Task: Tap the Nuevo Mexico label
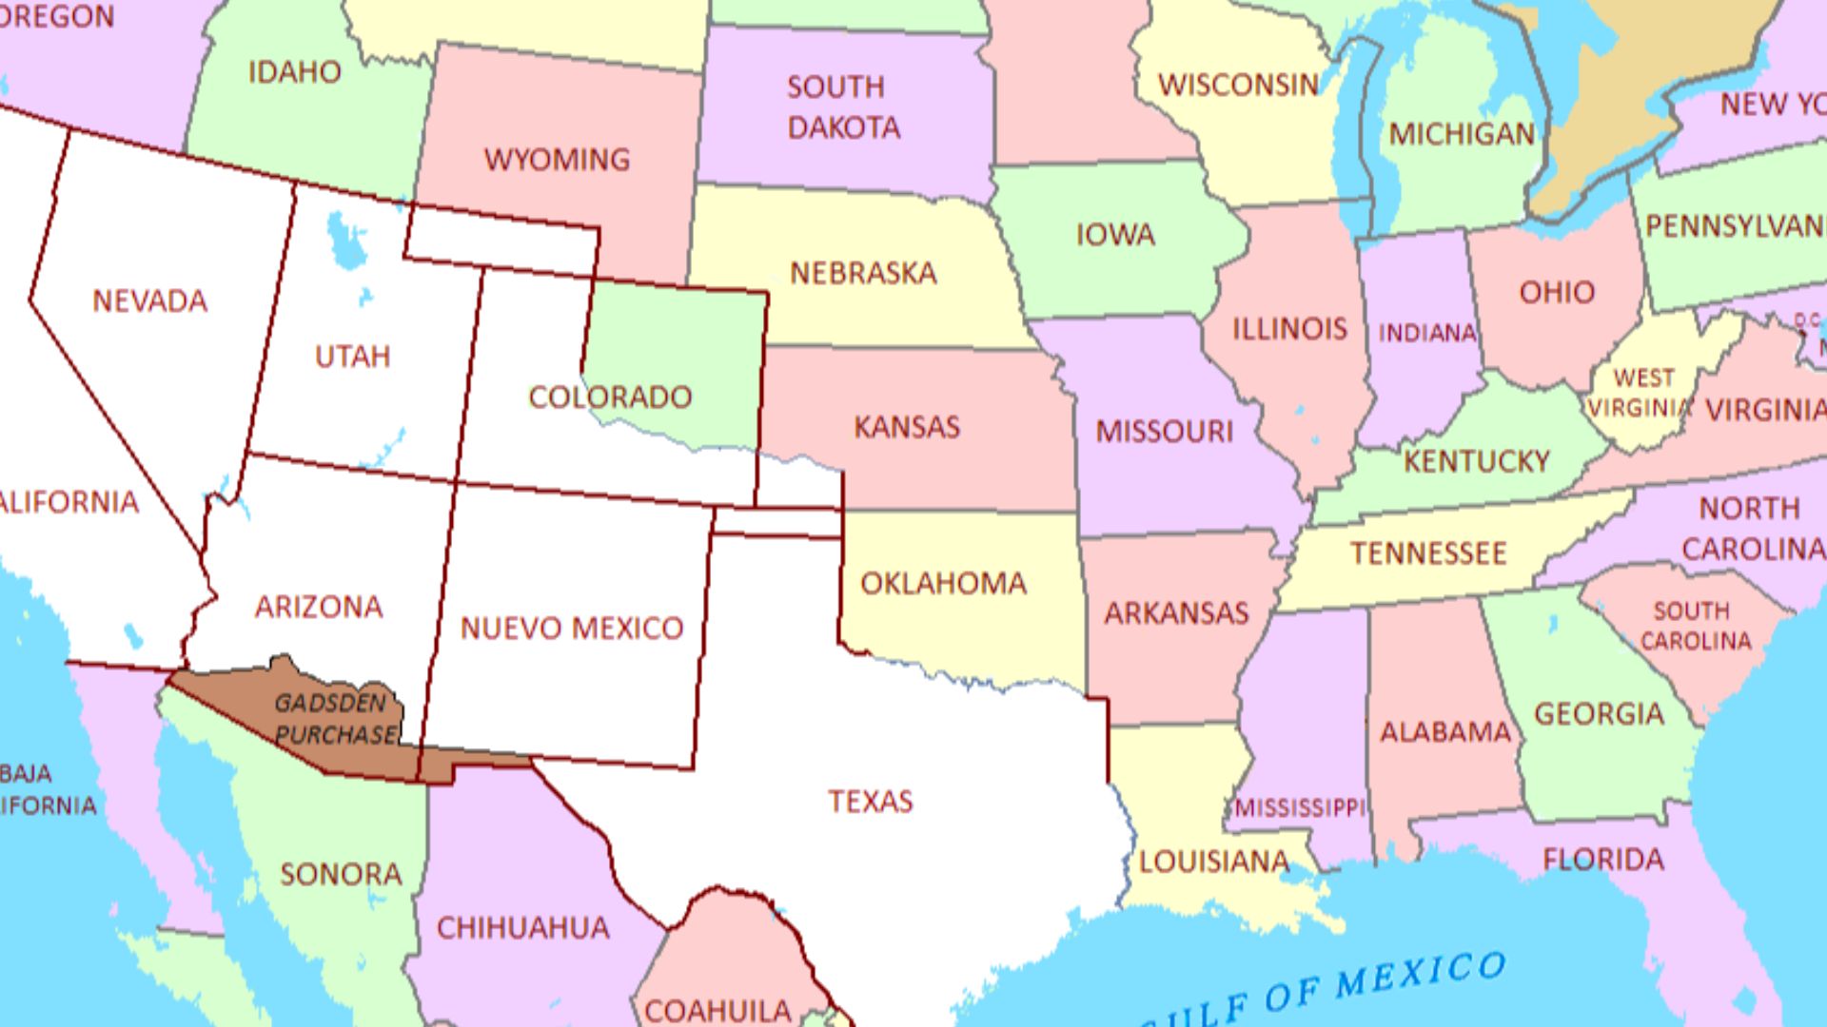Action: point(572,628)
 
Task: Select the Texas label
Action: point(870,801)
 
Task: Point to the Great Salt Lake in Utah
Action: point(344,240)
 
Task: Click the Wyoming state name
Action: point(557,159)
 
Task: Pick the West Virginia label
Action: point(1641,393)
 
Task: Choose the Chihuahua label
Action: point(522,927)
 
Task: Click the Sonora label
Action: point(341,874)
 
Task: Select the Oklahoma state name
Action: point(943,583)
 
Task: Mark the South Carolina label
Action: point(1694,625)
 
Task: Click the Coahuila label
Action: point(717,1009)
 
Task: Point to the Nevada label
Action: point(149,301)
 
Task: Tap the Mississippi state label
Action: point(1300,807)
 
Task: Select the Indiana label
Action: point(1426,333)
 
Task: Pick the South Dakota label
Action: point(841,107)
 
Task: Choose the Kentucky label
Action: point(1477,461)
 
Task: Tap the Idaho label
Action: point(294,72)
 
